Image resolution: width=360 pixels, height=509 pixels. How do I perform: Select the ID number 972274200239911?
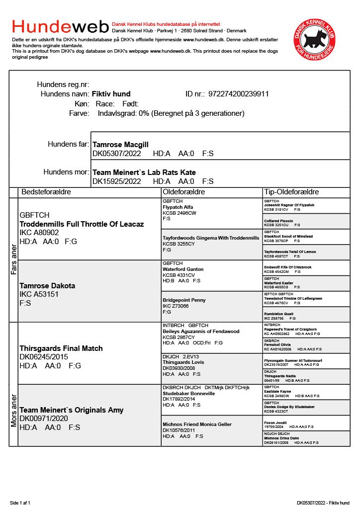tap(239, 94)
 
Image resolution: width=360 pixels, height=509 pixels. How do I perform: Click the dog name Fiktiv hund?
tap(111, 94)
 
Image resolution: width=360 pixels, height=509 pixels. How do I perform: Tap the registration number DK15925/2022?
tap(117, 181)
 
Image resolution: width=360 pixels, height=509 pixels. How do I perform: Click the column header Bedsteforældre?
tap(46, 192)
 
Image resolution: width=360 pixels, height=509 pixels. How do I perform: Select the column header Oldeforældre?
tap(184, 192)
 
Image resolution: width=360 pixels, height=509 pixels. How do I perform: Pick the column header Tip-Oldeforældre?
tap(291, 192)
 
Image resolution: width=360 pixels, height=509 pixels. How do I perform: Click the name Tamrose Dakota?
tap(47, 286)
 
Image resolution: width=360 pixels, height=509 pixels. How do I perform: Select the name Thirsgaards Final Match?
tap(61, 348)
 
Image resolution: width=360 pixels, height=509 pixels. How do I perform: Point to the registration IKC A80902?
tap(39, 233)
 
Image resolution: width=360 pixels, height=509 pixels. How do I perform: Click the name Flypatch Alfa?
tap(178, 207)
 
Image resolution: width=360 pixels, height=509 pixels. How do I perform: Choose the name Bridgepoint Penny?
tap(184, 300)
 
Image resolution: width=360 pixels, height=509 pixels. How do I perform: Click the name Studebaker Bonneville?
tap(189, 393)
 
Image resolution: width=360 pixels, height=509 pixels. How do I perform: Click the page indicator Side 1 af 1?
tap(20, 503)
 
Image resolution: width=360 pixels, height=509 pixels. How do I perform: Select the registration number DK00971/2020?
tap(44, 419)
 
